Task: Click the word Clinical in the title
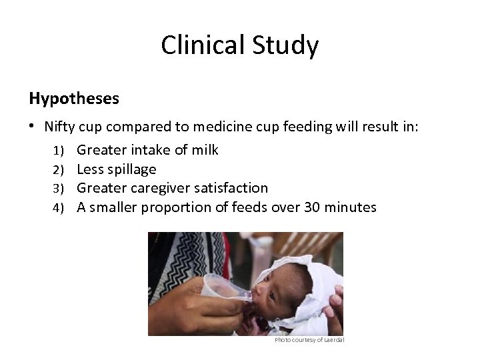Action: coord(205,46)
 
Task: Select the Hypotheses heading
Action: coord(74,99)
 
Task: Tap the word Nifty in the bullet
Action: coord(60,127)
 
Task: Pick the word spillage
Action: coord(131,169)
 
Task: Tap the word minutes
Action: coord(353,207)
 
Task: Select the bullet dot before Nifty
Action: coord(33,127)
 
